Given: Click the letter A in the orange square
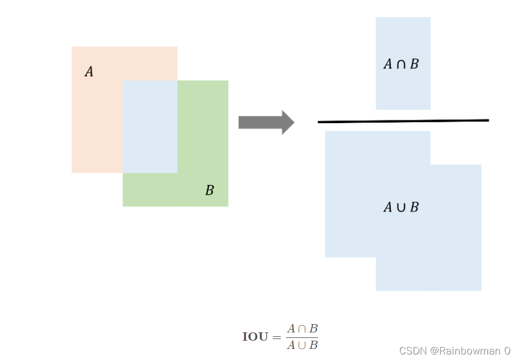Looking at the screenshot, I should (89, 72).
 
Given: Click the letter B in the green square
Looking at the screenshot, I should (210, 191).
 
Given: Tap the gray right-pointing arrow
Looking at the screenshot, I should (266, 122).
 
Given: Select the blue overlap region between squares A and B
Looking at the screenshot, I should (150, 126).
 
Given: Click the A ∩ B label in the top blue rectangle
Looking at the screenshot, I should (401, 64).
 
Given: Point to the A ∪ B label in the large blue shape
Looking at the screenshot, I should (401, 208).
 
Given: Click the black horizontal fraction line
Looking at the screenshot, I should (403, 121).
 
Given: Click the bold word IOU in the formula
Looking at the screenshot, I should (255, 337).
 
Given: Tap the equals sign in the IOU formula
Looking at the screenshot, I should (277, 337).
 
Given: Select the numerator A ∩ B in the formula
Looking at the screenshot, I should (302, 329).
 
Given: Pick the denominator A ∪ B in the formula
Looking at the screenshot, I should (302, 345).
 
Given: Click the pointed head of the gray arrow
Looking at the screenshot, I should (288, 122).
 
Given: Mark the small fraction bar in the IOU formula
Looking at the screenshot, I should (302, 337).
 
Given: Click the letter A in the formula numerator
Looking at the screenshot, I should (291, 329).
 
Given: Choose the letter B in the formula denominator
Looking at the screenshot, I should (314, 345).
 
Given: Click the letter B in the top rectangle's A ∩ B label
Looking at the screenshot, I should (414, 64).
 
